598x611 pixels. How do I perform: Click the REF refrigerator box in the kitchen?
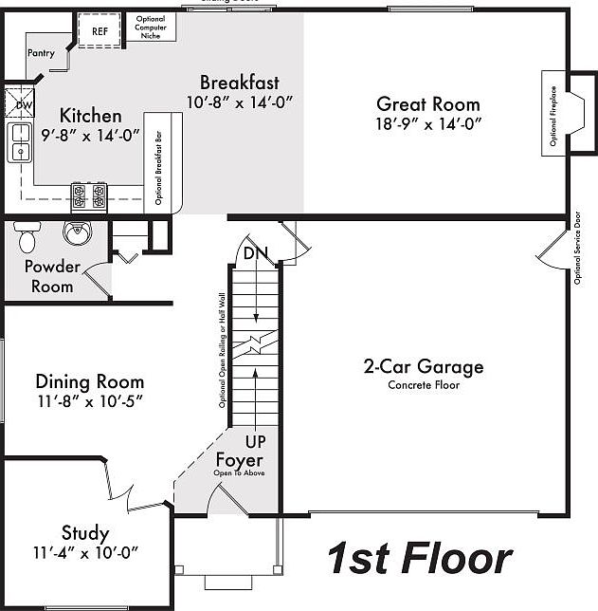[100, 30]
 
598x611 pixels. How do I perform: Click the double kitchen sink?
[19, 142]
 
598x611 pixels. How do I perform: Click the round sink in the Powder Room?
[77, 231]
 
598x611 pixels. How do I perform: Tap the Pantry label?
[41, 53]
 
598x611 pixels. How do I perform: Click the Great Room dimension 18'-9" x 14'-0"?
[428, 123]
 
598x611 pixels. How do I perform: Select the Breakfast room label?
[239, 83]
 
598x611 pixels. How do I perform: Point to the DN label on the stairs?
[254, 253]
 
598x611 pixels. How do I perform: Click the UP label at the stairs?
[256, 441]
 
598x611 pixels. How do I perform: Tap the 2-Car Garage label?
[424, 366]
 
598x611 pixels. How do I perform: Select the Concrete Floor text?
[424, 385]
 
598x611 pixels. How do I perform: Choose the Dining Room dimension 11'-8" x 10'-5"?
[89, 402]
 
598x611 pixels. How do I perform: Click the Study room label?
[85, 533]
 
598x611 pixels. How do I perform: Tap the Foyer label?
[239, 460]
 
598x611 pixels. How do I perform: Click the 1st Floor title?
[419, 559]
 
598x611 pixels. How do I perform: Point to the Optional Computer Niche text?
[151, 28]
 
